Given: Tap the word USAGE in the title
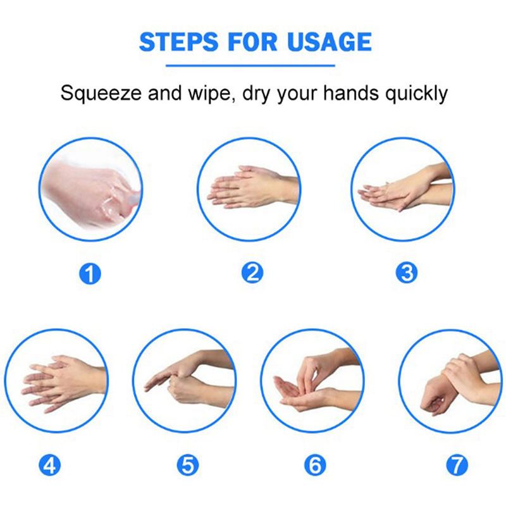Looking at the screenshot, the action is pyautogui.click(x=330, y=42).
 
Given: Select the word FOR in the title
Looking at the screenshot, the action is pyautogui.click(x=252, y=42).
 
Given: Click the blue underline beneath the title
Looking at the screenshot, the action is pyautogui.click(x=250, y=66).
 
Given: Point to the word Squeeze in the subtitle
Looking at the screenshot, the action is pyautogui.click(x=101, y=94).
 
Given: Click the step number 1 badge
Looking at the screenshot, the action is pyautogui.click(x=90, y=274).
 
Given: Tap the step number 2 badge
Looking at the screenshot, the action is pyautogui.click(x=252, y=273).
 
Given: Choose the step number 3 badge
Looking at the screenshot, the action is pyautogui.click(x=407, y=273).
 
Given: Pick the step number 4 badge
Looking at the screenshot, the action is pyautogui.click(x=50, y=465).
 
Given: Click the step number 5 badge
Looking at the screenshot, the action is pyautogui.click(x=188, y=465).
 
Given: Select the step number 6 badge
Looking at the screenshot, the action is pyautogui.click(x=315, y=465).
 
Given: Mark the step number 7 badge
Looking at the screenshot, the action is pyautogui.click(x=457, y=465).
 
